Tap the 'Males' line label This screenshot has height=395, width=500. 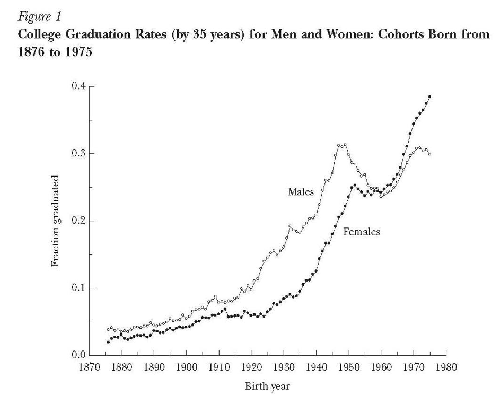pyautogui.click(x=301, y=191)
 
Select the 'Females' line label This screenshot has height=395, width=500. pyautogui.click(x=362, y=232)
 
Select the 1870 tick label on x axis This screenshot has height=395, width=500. pyautogui.click(x=89, y=366)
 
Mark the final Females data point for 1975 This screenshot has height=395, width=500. pyautogui.click(x=429, y=96)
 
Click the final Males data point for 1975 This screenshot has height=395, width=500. pyautogui.click(x=429, y=154)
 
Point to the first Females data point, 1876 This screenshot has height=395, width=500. pyautogui.click(x=108, y=342)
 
